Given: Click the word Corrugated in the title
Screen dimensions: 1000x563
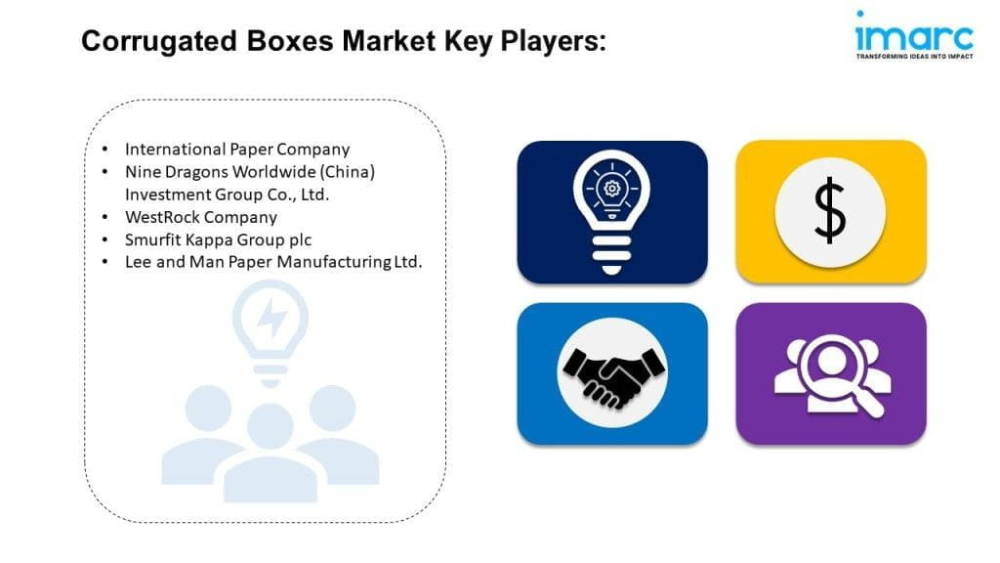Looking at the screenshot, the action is tap(159, 42).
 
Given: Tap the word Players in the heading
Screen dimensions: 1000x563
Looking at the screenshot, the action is tap(553, 41).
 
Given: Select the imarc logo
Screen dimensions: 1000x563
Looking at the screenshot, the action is tap(914, 35).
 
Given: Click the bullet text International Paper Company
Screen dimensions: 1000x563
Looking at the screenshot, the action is tap(237, 150).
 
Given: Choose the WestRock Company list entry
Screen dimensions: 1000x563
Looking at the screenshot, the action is tap(201, 217).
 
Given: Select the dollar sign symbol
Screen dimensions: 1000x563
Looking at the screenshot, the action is tap(830, 211).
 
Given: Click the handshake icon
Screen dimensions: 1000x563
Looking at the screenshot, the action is tap(612, 376).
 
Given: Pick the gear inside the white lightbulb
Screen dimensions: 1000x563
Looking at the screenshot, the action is tap(611, 189).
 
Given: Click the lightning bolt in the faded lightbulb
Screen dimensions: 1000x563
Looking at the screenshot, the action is tap(271, 318).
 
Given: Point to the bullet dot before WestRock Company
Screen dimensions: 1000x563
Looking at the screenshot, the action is tap(104, 218).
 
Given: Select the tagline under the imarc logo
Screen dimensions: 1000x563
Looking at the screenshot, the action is tap(914, 57).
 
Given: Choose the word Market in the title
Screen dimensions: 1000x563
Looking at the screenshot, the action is tap(389, 41).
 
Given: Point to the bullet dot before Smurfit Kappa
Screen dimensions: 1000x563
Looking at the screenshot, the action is tap(104, 240).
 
